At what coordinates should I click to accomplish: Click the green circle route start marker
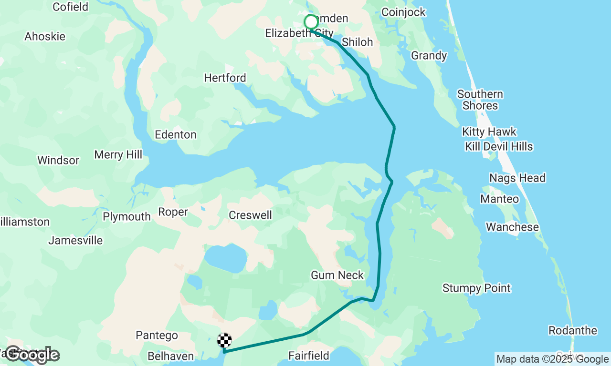coord(311,22)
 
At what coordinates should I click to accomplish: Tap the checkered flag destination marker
coord(224,340)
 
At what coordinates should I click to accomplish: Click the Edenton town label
coord(176,135)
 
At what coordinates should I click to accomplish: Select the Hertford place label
coord(225,78)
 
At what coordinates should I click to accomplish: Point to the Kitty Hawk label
coord(489,132)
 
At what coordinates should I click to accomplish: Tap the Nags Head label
coord(517,178)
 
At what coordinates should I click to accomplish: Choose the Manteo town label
coord(499,199)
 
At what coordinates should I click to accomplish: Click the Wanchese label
coord(512,227)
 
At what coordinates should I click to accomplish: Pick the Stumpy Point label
coord(476,288)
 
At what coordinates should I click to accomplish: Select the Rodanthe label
coord(572,331)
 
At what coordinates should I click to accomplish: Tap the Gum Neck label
coord(337,275)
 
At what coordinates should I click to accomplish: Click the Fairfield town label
coord(309,356)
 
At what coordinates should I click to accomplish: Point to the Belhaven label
coord(170,356)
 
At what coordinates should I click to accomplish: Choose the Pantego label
coord(157,335)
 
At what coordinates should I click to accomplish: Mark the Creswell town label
coord(250,215)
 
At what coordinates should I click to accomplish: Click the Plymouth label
coord(126,217)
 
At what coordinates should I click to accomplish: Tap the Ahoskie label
coord(45,37)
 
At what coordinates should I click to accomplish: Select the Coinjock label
coord(403,12)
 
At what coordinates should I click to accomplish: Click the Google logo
coord(32,355)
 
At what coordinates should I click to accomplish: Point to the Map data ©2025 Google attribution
coord(552,359)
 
